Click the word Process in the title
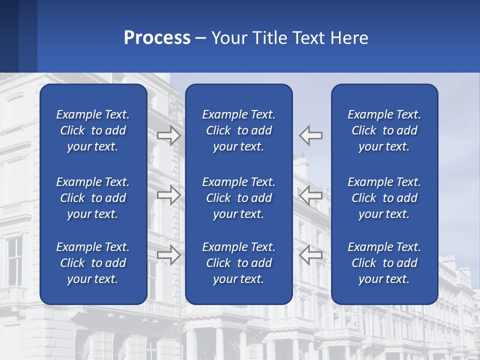pyautogui.click(x=157, y=38)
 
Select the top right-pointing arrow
pyautogui.click(x=169, y=135)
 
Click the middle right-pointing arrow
pyautogui.click(x=169, y=195)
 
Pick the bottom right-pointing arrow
pyautogui.click(x=169, y=255)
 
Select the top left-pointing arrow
pyautogui.click(x=311, y=135)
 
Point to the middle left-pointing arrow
pyautogui.click(x=311, y=195)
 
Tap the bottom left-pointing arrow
pyautogui.click(x=311, y=255)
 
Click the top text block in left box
pyautogui.click(x=93, y=130)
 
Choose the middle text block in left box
pyautogui.click(x=93, y=198)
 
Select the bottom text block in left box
pyautogui.click(x=93, y=263)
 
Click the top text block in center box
pyautogui.click(x=239, y=130)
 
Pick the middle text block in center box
pyautogui.click(x=239, y=198)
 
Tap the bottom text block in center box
pyautogui.click(x=239, y=263)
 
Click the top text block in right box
pyautogui.click(x=384, y=130)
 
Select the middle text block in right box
pyautogui.click(x=384, y=198)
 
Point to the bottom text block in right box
pyautogui.click(x=384, y=263)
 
